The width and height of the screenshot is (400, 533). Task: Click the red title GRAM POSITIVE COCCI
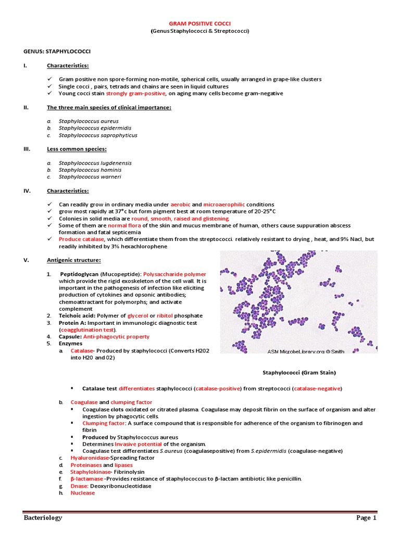pos(200,23)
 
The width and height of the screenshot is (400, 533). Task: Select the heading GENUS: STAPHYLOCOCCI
pos(51,52)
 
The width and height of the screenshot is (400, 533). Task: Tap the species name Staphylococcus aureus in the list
pos(89,121)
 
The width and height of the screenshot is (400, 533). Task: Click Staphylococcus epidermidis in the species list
pos(95,128)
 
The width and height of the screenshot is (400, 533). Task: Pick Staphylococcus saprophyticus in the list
pos(98,135)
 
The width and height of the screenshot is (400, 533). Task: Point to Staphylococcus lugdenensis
pos(95,163)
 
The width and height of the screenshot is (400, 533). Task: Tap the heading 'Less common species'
pos(77,149)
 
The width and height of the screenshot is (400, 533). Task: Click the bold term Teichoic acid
pos(78,316)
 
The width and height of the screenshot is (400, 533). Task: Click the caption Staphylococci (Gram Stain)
pos(298,373)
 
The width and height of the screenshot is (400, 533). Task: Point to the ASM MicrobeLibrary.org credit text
pos(306,351)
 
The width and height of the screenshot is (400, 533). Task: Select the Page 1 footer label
pos(366,517)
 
